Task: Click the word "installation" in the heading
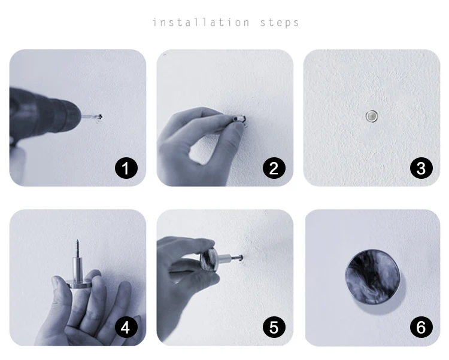click(201, 22)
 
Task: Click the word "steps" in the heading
click(280, 23)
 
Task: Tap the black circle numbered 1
click(126, 168)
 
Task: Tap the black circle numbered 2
click(274, 168)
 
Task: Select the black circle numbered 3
click(421, 168)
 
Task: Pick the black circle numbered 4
click(126, 327)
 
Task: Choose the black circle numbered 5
click(274, 327)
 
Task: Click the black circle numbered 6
click(421, 327)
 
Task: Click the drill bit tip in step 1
click(101, 117)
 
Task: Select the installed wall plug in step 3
click(372, 117)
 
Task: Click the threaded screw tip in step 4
click(77, 248)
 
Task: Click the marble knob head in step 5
click(209, 260)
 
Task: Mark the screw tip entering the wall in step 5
click(240, 258)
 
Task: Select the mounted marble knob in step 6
click(372, 277)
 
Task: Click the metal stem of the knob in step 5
click(226, 259)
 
